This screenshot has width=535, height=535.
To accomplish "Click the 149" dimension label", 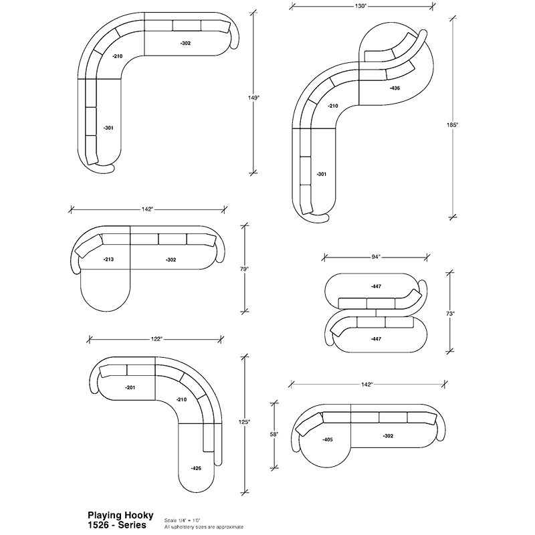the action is point(253,98).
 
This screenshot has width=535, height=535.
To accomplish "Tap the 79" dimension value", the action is point(244,269).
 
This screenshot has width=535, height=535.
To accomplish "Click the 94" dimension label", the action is point(376,257).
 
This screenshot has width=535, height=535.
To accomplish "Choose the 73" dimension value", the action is point(450,313).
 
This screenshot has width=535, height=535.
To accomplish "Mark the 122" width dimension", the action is point(156,339).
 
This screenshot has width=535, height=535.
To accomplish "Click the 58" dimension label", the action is point(274,434).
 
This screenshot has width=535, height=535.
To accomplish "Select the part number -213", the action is point(108,259).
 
